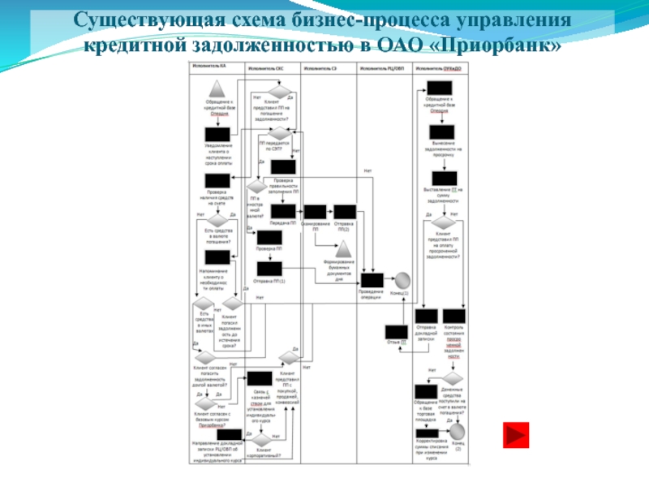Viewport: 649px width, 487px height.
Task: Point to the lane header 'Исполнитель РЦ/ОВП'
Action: (383, 69)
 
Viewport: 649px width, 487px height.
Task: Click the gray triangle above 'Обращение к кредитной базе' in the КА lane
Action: (216, 89)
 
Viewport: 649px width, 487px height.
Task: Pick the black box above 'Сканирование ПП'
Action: (316, 213)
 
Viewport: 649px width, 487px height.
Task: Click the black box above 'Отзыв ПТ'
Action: (395, 331)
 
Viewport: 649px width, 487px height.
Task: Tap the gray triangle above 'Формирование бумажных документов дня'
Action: (344, 248)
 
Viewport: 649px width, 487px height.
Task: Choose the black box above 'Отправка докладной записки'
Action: (428, 317)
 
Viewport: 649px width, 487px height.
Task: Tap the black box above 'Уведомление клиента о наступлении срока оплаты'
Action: (216, 136)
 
